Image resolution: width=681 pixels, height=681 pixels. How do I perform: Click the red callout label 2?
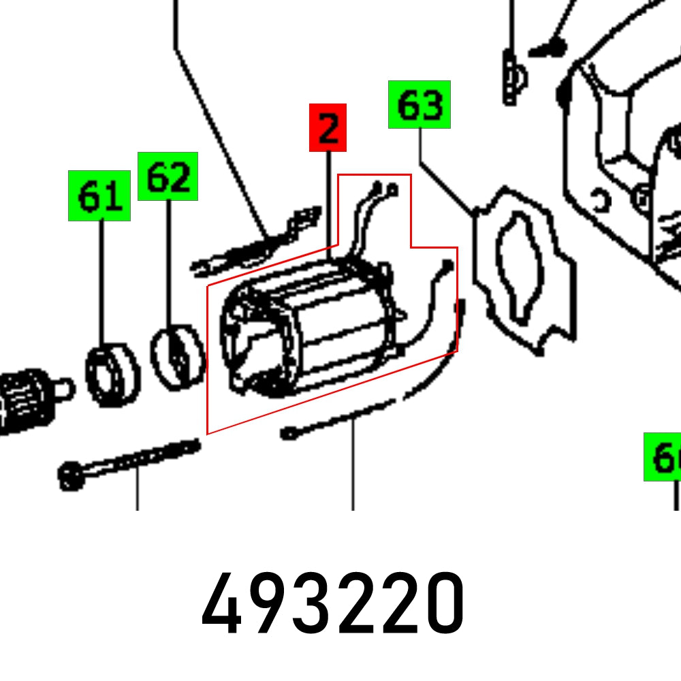[x=328, y=127]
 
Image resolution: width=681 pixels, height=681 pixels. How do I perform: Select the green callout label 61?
[x=99, y=196]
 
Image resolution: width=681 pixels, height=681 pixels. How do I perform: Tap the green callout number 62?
[x=168, y=176]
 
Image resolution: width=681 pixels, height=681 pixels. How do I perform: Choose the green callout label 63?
[x=419, y=104]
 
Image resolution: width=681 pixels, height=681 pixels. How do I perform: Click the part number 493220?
[x=333, y=603]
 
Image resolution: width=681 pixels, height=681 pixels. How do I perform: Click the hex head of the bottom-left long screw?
[x=70, y=475]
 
